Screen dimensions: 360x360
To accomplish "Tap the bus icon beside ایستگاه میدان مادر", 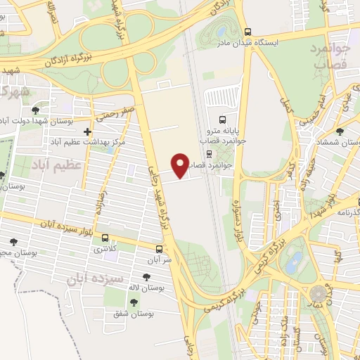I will point(247,32).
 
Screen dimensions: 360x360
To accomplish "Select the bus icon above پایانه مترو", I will point(223,119).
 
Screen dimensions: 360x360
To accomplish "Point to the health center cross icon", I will point(87,131).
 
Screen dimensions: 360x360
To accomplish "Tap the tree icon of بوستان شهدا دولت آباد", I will point(36,110).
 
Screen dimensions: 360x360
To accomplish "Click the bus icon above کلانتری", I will point(105,238).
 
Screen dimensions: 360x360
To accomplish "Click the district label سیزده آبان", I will point(91,277).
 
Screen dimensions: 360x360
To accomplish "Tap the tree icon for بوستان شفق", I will point(133,302).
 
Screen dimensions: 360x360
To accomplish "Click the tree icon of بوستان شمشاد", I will point(340,131).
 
